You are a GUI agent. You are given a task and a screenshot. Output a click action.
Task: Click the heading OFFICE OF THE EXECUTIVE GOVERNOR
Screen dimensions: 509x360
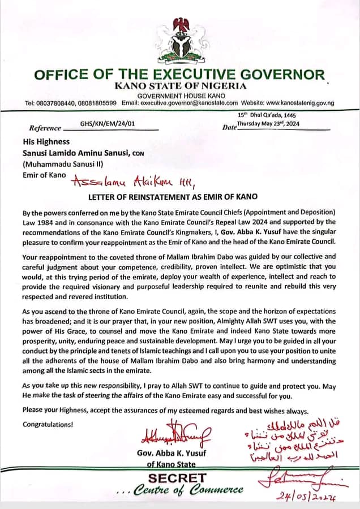[x=180, y=75]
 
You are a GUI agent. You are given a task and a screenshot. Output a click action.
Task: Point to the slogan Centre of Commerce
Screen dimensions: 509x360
[x=187, y=490]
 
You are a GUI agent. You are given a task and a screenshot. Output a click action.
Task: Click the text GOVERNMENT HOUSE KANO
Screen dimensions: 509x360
[x=180, y=95]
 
